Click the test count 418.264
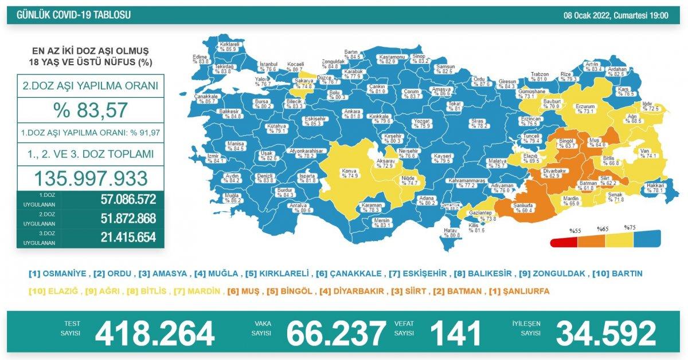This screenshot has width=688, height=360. click(154, 334)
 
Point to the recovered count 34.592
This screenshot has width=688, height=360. click(605, 334)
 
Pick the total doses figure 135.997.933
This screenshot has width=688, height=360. click(90, 179)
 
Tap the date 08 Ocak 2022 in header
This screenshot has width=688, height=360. click(616, 15)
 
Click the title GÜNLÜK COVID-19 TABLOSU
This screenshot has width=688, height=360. click(70, 15)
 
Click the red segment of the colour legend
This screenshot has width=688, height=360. click(564, 242)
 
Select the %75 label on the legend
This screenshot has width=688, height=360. click(630, 228)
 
